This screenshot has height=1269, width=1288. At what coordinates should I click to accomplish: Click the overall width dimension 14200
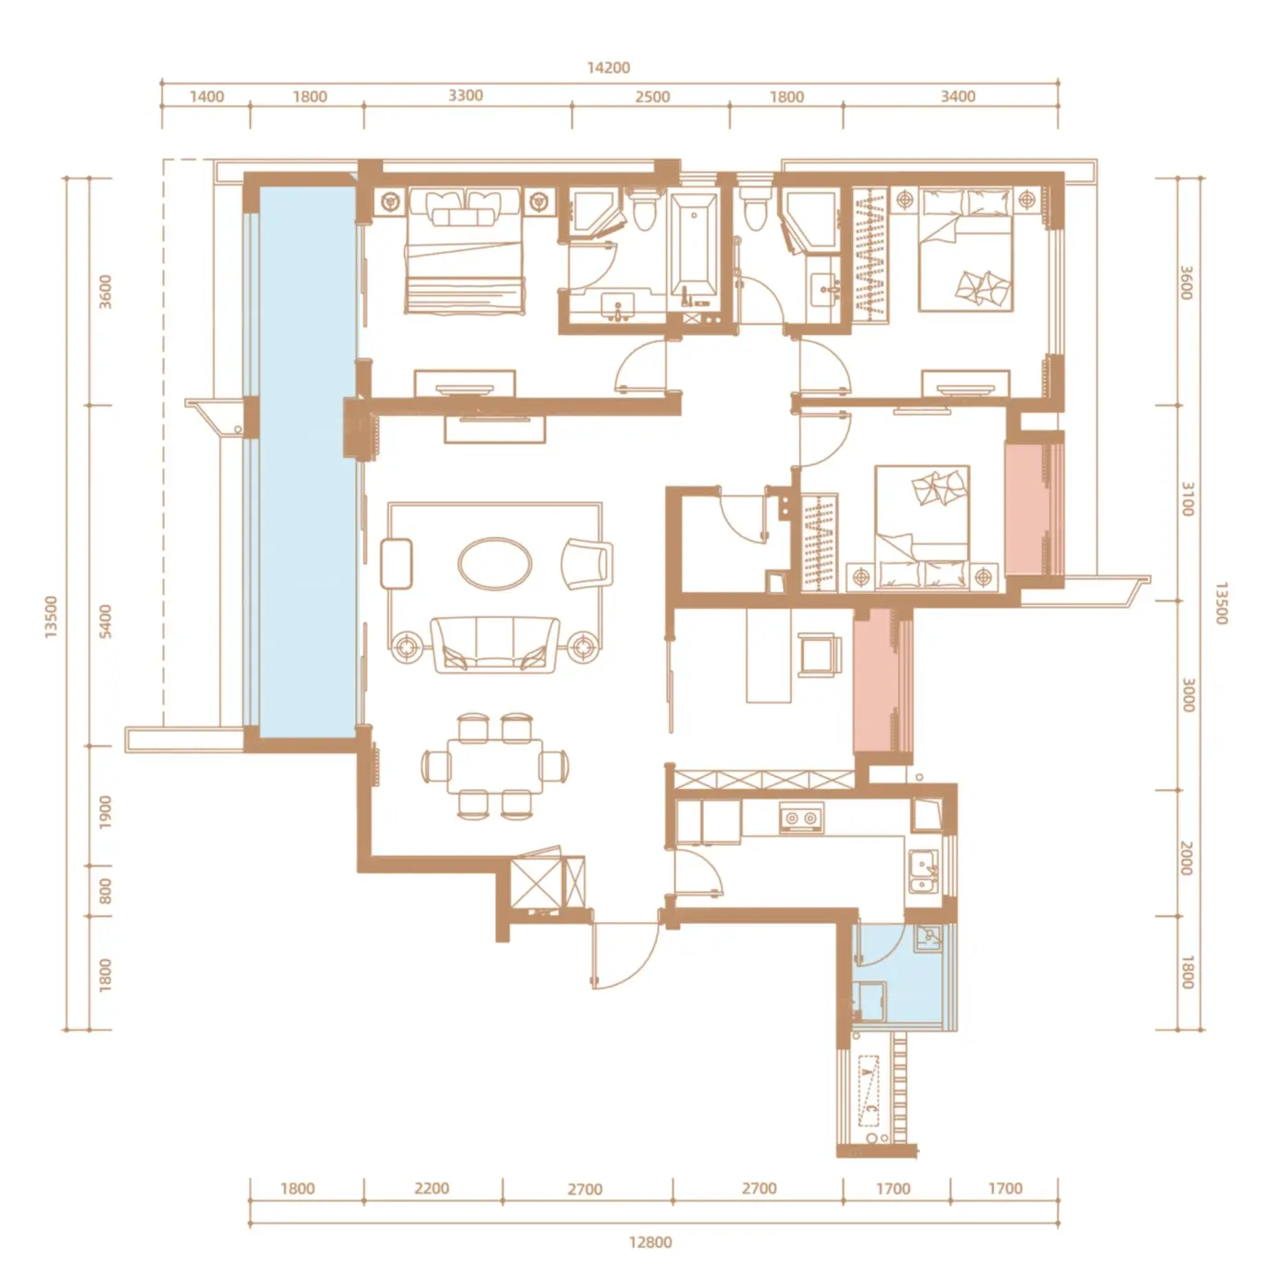pos(608,67)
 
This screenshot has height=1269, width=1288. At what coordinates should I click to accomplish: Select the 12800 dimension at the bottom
pos(650,1242)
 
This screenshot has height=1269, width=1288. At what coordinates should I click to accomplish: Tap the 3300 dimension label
pos(466,96)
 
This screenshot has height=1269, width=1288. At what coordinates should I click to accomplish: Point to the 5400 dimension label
pos(105,621)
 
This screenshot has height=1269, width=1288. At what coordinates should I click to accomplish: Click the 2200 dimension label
pos(431,1188)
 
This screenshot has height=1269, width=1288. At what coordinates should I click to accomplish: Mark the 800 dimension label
pos(105,891)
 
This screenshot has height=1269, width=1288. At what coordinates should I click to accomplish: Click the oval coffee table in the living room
pos(495,564)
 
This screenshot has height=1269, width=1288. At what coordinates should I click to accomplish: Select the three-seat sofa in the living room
pos(495,645)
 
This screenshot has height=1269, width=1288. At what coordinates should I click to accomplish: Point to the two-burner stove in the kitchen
pos(801,817)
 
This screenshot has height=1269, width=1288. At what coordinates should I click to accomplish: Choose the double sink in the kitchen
pos(923,872)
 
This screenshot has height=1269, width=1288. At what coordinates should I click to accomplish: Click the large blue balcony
pos(306,462)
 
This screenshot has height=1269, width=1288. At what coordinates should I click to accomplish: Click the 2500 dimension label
pos(652,97)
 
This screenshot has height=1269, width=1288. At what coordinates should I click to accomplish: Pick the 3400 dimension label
pos(958,97)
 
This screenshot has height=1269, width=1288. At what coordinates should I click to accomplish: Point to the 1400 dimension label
pos(206,97)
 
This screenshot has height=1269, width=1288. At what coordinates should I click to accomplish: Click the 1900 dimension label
pos(105,812)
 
